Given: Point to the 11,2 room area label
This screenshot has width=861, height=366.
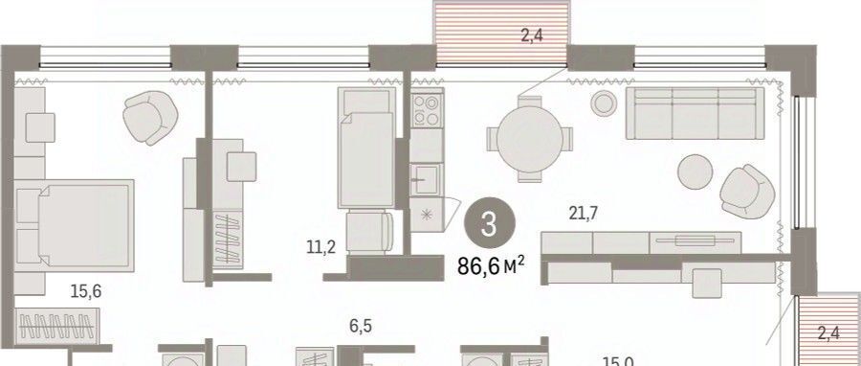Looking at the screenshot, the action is [x=321, y=248].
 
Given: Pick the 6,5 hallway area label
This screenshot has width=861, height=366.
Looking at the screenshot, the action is [x=360, y=327].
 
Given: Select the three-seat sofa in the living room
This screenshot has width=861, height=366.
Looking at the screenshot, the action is [x=695, y=113].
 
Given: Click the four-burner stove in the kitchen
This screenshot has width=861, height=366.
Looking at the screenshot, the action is [x=427, y=110].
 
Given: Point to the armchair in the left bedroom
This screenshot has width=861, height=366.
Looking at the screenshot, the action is [x=150, y=117].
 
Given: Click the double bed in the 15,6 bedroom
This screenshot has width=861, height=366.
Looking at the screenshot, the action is [x=75, y=226].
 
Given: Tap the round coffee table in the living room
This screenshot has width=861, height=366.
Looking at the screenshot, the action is [x=695, y=172].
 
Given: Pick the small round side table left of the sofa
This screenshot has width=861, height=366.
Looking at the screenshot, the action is [x=604, y=103].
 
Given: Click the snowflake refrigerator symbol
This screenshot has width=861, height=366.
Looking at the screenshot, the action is [x=426, y=215].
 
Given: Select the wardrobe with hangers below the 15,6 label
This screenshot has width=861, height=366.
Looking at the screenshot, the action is [x=57, y=327].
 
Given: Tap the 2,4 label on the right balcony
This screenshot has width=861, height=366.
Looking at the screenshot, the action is [x=828, y=333].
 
